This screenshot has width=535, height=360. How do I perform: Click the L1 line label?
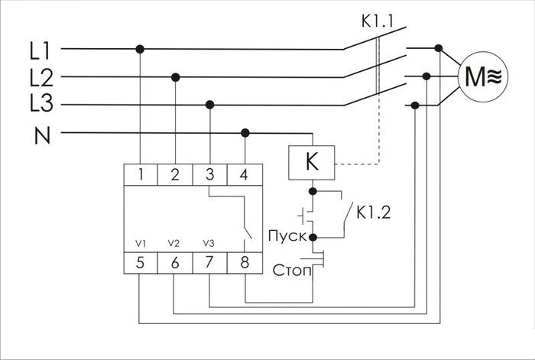(x=39, y=51)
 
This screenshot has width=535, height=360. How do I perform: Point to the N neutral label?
(x=42, y=136)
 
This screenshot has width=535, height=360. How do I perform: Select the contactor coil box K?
(x=311, y=163)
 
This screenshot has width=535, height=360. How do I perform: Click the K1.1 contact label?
(x=377, y=19)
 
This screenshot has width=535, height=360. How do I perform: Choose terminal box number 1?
(x=141, y=175)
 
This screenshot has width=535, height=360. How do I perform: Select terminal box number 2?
(x=175, y=175)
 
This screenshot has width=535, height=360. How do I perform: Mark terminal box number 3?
(x=209, y=175)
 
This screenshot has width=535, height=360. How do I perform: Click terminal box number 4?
(x=244, y=175)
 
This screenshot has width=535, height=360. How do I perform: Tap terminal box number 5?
(x=141, y=264)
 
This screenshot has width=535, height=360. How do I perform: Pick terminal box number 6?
(x=175, y=264)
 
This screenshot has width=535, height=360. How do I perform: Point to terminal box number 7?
(x=209, y=264)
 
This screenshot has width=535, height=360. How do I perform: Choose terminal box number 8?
(x=244, y=264)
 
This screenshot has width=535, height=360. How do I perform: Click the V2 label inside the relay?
(x=173, y=243)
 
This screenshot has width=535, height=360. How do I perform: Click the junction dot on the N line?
(x=245, y=133)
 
